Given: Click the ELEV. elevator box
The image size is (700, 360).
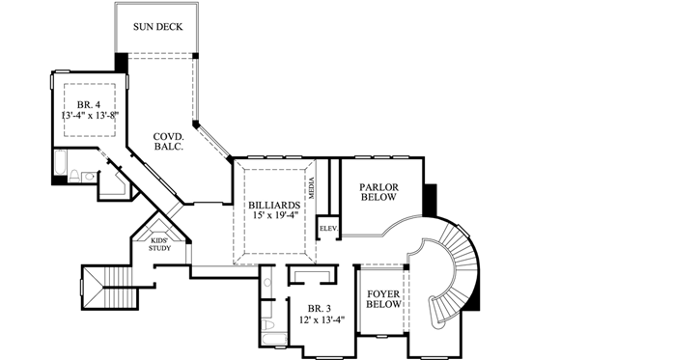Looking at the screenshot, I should click(x=327, y=228).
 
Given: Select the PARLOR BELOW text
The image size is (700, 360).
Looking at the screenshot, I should click(x=379, y=191).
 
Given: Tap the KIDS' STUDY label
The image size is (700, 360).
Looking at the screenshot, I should click(x=159, y=244).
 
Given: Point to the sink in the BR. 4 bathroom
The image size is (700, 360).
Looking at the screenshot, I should click(x=88, y=176).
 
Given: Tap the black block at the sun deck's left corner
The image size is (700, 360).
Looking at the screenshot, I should click(x=121, y=62).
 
